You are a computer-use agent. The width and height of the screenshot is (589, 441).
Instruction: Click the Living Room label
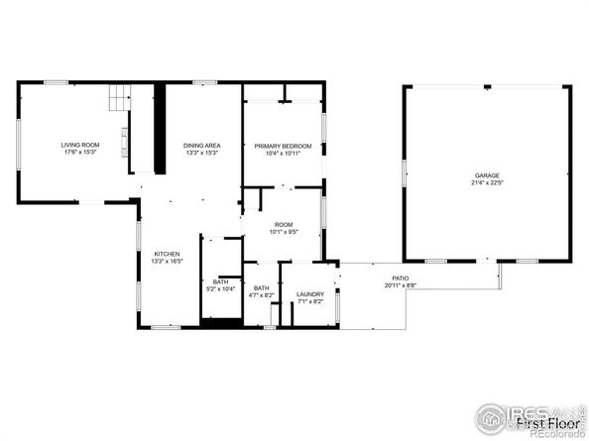pyautogui.click(x=77, y=145)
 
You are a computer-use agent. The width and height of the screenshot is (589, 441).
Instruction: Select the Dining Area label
pyautogui.click(x=201, y=145)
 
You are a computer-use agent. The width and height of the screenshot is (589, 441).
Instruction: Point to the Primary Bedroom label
pyautogui.click(x=283, y=145)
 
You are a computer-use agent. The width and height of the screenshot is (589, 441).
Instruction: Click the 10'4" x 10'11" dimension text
pyautogui.click(x=283, y=153)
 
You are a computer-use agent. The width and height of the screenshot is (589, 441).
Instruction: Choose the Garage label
pyautogui.click(x=486, y=174)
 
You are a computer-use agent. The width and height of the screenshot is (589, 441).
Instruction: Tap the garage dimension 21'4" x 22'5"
pyautogui.click(x=486, y=182)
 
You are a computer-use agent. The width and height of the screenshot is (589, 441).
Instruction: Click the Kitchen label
pyautogui.click(x=166, y=254)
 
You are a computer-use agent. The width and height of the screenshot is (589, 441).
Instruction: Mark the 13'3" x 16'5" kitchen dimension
pyautogui.click(x=166, y=262)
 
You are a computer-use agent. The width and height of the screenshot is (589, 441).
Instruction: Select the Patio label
pyautogui.click(x=401, y=278)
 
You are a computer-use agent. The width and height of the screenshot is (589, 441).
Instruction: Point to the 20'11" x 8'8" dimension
pyautogui.click(x=401, y=285)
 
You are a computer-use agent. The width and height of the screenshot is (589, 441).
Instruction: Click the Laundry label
pyautogui.click(x=310, y=293)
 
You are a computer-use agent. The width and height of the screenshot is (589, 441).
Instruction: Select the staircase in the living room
pyautogui.click(x=120, y=98)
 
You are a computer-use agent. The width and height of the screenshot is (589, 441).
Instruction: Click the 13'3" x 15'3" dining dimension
pyautogui.click(x=201, y=153)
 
